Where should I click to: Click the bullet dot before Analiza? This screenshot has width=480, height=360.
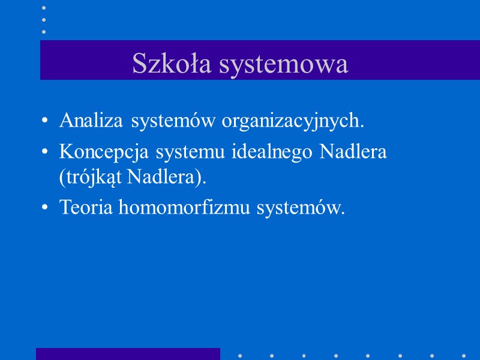click(46, 121)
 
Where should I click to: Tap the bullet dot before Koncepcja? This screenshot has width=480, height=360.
click(46, 152)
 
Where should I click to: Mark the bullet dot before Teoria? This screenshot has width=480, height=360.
click(46, 208)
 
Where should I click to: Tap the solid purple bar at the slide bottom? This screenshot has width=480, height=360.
click(128, 354)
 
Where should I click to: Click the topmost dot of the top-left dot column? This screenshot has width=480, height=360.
click(43, 8)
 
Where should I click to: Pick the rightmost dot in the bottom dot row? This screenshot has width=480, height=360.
click(464, 355)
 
